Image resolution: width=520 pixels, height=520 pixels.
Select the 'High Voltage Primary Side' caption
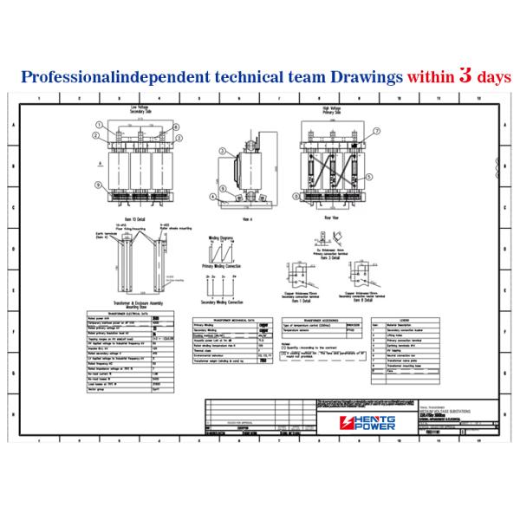coord(328,110)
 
